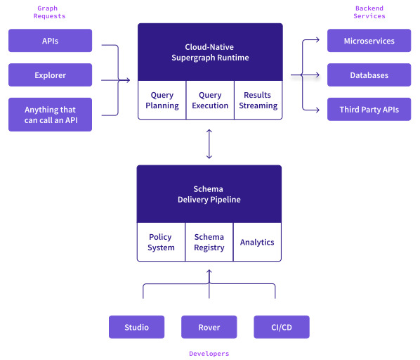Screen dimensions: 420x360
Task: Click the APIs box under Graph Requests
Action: tap(50, 41)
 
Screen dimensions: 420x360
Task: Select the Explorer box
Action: tap(50, 75)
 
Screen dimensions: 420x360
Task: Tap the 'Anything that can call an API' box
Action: tap(50, 115)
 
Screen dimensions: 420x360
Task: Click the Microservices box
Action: tap(369, 41)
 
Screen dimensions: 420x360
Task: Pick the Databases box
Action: tap(369, 75)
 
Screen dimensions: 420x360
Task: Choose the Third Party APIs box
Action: tap(369, 109)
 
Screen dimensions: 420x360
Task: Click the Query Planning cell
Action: tap(162, 100)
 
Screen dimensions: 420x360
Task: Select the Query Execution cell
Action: tap(210, 100)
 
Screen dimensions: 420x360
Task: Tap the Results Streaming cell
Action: tap(258, 100)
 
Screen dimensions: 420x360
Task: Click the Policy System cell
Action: tap(161, 242)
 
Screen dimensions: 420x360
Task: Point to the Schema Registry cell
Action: tap(209, 242)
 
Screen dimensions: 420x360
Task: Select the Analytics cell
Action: tap(257, 242)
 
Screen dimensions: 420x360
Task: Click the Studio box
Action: tap(137, 327)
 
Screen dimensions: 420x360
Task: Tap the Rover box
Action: tap(209, 327)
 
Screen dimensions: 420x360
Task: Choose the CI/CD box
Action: tap(282, 327)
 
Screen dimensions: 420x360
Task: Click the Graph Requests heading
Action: tap(49, 12)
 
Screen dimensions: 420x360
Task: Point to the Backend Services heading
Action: tap(369, 12)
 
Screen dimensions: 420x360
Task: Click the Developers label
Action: tap(209, 354)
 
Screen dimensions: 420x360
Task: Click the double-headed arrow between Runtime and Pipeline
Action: tap(209, 144)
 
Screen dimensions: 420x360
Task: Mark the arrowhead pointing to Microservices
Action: tap(317, 40)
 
